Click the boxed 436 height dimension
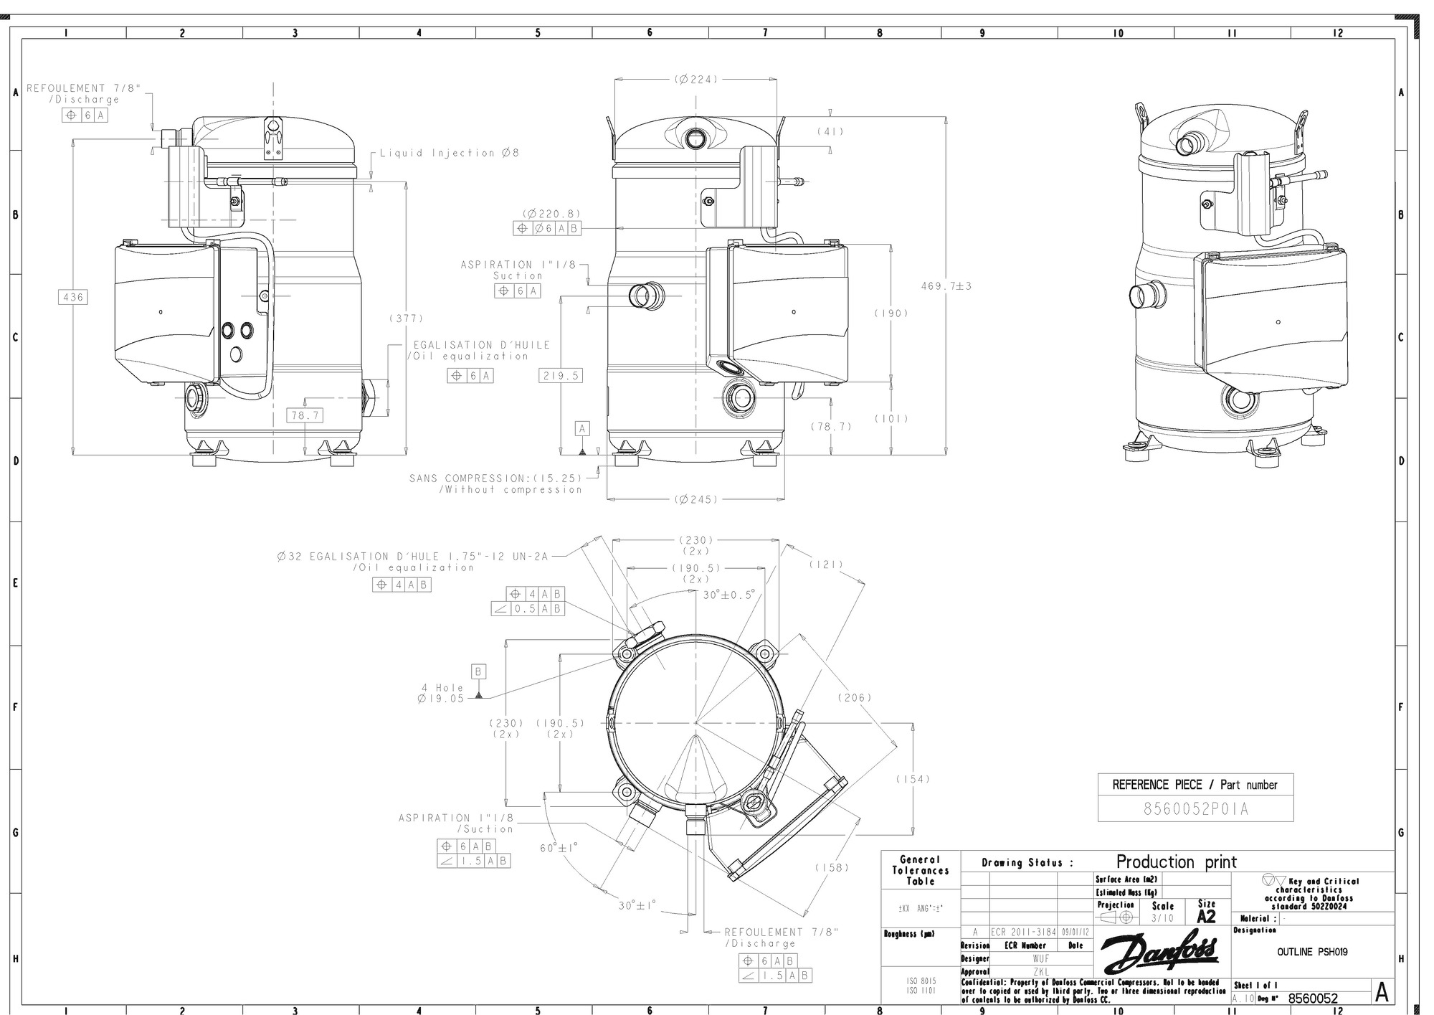(72, 297)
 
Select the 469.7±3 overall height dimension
(946, 286)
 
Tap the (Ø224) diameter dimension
(695, 80)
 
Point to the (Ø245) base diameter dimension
(695, 499)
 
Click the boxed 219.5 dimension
(560, 376)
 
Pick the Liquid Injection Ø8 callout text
(449, 153)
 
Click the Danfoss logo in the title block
(1159, 953)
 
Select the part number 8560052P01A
(1195, 809)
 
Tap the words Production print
(1176, 861)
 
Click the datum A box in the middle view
(582, 429)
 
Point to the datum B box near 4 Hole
(478, 672)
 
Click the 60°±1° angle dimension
(559, 848)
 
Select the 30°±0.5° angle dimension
(728, 595)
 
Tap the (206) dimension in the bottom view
(854, 697)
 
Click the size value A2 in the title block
(1206, 916)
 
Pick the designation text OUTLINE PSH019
(1311, 952)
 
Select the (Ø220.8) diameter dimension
(551, 214)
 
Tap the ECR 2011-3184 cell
(1023, 932)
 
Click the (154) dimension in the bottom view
(912, 779)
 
